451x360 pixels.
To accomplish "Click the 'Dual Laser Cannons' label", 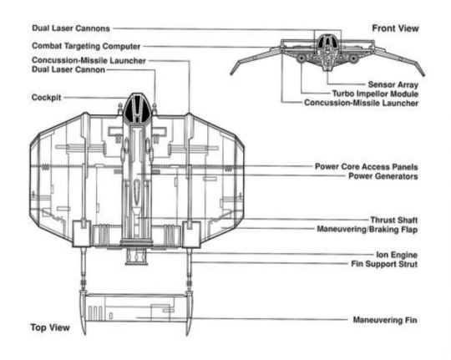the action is tap(71, 28).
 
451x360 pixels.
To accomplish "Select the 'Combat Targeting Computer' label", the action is tap(86, 46).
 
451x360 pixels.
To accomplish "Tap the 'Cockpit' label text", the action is tap(46, 98).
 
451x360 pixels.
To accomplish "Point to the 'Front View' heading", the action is tap(395, 28).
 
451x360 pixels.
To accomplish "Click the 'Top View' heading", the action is tap(50, 327).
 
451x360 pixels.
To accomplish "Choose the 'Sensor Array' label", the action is tap(393, 84).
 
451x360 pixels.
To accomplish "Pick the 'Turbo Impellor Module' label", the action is tap(375, 94).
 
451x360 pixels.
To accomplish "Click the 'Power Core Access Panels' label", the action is tap(366, 166).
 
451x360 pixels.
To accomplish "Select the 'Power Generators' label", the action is tap(383, 176).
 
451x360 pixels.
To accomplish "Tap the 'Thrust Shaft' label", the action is tap(393, 221).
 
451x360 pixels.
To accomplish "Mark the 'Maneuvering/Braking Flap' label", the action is tap(367, 230).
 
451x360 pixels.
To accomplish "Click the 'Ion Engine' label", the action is tap(397, 255).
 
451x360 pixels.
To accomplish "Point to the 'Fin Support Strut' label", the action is tap(384, 264).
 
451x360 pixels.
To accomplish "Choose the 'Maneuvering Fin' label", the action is tap(385, 320).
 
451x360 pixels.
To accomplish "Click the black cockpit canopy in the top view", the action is tap(137, 108).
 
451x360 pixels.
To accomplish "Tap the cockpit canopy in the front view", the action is tap(327, 41).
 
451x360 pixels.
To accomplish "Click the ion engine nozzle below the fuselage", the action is tap(136, 256).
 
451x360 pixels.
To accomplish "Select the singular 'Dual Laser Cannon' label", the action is tap(68, 69).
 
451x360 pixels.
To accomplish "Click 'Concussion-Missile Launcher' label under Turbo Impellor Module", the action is tap(361, 103).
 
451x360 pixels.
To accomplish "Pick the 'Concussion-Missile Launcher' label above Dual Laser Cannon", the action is tap(89, 60).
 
